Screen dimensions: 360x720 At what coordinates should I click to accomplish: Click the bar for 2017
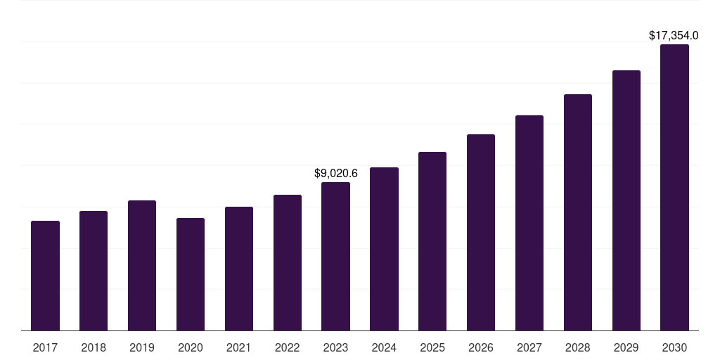pos(45,276)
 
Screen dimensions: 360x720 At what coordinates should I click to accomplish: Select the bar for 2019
pos(142,266)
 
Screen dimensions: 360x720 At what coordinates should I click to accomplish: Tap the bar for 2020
pos(191,274)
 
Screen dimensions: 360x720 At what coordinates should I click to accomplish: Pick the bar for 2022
pos(288,263)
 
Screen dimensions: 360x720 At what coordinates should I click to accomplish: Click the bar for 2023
pos(335,257)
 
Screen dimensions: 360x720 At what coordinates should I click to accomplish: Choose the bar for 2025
pos(432,241)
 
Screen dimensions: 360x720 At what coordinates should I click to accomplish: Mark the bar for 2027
pos(529,223)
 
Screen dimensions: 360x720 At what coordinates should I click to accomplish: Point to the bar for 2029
pos(626,200)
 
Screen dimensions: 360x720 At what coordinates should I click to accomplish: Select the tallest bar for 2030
pos(674,188)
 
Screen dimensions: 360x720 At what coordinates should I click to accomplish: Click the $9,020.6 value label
pos(335,173)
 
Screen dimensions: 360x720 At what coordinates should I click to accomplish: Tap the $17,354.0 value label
pos(673,35)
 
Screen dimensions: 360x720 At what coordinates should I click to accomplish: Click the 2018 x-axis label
pos(94,347)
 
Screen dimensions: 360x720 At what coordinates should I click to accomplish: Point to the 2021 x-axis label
pos(239,347)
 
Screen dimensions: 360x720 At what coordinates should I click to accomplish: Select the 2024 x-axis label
pos(384,347)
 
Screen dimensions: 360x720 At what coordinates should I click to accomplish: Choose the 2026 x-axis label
pos(481,347)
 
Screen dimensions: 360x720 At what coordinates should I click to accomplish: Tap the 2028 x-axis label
pos(578,347)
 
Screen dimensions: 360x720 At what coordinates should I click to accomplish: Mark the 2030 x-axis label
pos(674,347)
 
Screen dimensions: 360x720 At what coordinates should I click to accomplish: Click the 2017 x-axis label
pos(45,347)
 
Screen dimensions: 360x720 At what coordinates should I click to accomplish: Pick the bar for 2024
pos(384,249)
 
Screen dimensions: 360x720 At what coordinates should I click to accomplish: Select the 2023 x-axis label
pos(335,347)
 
